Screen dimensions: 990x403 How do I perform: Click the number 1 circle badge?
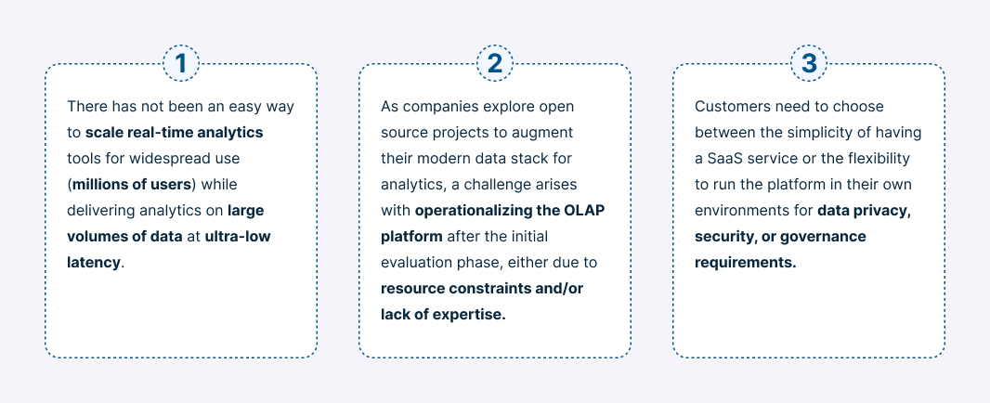pos(181,64)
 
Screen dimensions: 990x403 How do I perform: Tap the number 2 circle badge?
pos(495,64)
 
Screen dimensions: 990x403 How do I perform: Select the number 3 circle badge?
pos(809,64)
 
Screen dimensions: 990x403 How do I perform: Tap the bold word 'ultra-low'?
pos(238,236)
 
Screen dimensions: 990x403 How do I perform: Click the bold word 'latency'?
pos(94,262)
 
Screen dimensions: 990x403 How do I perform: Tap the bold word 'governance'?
pos(824,236)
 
